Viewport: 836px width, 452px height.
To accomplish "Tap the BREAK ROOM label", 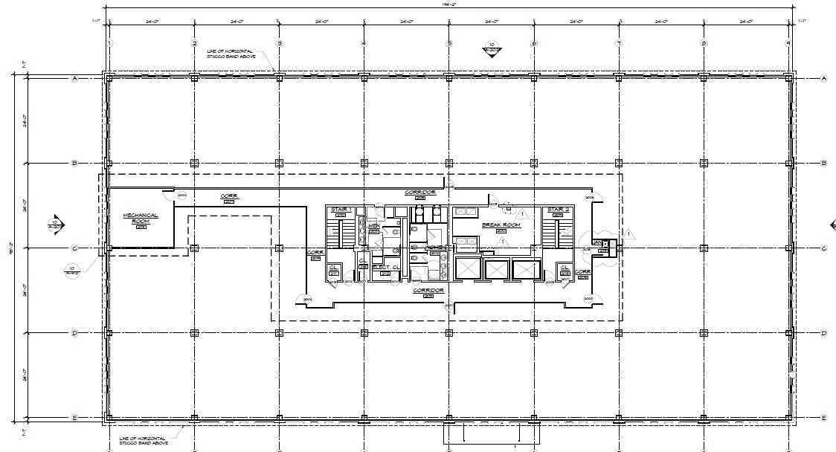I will pos(501,225).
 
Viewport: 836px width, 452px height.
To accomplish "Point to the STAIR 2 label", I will pos(558,210).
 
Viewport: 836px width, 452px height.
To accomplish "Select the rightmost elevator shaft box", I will pos(524,269).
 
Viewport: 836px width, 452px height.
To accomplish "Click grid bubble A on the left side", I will pos(74,78).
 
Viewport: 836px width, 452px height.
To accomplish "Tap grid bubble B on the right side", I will pos(823,164).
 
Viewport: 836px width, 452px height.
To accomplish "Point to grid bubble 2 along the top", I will pos(194,43).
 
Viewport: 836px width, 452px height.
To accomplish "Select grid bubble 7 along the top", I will pos(620,43).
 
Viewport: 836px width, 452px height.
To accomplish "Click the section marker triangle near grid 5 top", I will pos(491,51).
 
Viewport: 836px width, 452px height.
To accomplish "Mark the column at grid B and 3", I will pos(280,164).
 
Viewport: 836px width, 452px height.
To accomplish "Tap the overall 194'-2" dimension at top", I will pos(448,4).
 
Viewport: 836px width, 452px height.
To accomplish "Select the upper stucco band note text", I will pos(231,54).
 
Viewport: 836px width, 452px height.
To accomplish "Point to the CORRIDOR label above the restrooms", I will pos(419,192).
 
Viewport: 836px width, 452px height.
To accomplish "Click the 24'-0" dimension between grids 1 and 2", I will pos(152,22).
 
